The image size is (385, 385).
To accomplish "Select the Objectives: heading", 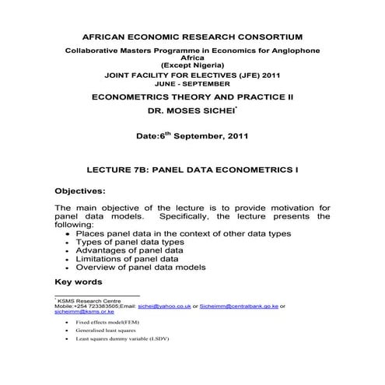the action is (82, 190).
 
